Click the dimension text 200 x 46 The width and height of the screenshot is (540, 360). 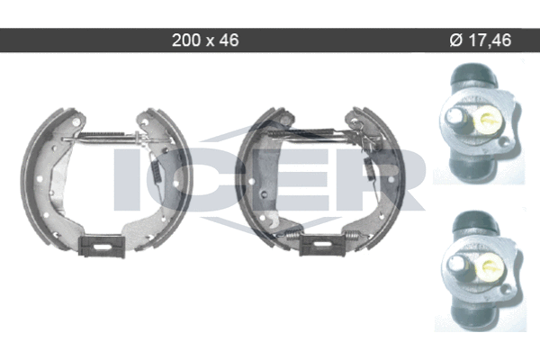205,40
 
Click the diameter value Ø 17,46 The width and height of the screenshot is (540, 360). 480,40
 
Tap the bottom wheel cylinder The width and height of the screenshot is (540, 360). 481,270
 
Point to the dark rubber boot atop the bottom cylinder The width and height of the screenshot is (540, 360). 475,223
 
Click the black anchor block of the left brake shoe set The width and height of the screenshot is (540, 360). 101,246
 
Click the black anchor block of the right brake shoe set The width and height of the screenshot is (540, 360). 322,244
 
